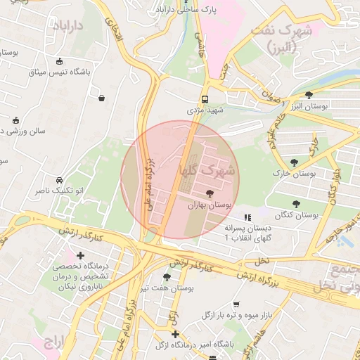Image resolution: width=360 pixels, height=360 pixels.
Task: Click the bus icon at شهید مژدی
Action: point(205,99)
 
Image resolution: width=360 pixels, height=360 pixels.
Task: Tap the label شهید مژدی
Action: point(205,110)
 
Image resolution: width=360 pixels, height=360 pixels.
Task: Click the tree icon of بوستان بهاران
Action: point(209,193)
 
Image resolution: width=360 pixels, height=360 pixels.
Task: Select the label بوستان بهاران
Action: point(209,205)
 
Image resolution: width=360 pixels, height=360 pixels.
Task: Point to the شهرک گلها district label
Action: point(207,170)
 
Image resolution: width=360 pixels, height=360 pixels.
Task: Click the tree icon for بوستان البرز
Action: point(309,94)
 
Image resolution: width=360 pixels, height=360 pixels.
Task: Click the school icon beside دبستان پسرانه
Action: point(246,217)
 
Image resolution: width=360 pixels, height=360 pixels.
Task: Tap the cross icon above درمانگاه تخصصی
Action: point(81,255)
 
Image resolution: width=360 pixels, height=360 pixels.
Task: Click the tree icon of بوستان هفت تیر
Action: point(167,277)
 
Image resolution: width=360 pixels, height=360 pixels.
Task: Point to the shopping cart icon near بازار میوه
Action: point(236,304)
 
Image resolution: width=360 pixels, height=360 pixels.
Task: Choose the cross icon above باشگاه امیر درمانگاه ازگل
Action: point(175,334)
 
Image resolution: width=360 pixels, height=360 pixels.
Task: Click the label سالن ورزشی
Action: point(22,131)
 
